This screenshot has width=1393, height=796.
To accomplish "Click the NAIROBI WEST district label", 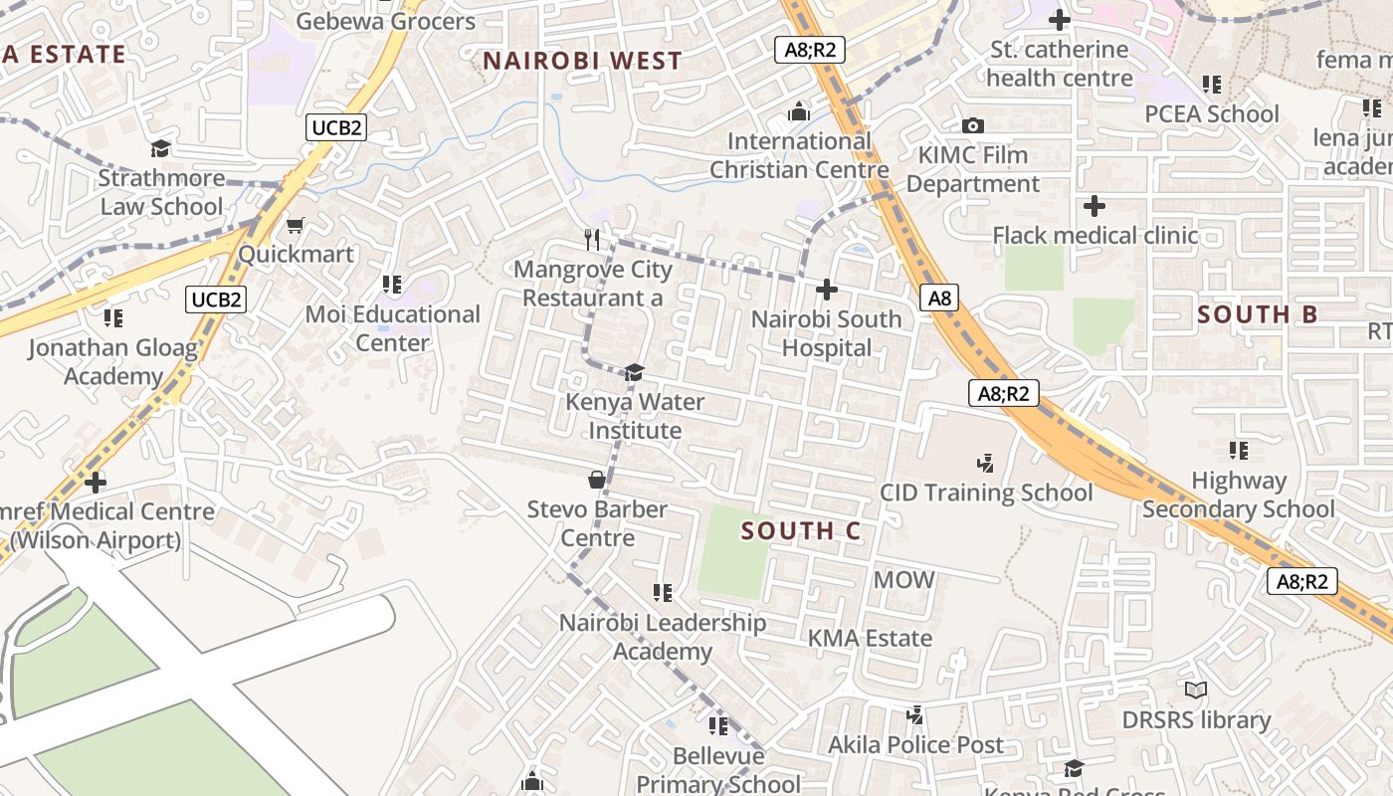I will point(582,61).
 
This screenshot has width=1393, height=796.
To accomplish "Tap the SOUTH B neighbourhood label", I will point(1257,315).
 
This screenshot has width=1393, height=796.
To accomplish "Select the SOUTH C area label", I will point(800,531).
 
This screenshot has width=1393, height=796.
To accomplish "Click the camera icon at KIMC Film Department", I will point(972,125).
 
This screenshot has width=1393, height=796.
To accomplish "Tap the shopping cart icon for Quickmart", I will point(295,226).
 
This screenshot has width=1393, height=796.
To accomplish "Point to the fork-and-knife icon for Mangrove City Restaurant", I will point(593,239).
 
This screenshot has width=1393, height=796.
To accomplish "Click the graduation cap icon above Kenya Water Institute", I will point(634,373).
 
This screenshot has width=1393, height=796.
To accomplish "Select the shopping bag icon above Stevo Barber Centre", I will point(597,480).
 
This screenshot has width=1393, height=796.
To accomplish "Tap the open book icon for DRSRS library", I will point(1196,690).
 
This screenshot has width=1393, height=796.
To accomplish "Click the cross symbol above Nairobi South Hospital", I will point(826,290).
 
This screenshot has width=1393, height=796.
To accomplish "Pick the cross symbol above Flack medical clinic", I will point(1094,206).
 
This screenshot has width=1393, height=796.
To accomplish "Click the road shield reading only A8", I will point(939,298).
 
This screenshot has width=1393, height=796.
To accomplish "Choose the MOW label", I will point(903,579).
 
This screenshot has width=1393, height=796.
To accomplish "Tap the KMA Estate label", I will point(870,638).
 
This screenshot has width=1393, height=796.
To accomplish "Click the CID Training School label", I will point(985,493).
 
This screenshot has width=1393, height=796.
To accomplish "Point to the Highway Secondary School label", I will point(1238,495).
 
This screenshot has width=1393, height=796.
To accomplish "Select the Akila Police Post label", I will point(915,744).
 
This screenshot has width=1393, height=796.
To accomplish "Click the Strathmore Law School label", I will point(160,192).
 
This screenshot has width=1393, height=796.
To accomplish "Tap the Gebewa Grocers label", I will point(386,21).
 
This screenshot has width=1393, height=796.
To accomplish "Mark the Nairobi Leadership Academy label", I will point(663,637).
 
